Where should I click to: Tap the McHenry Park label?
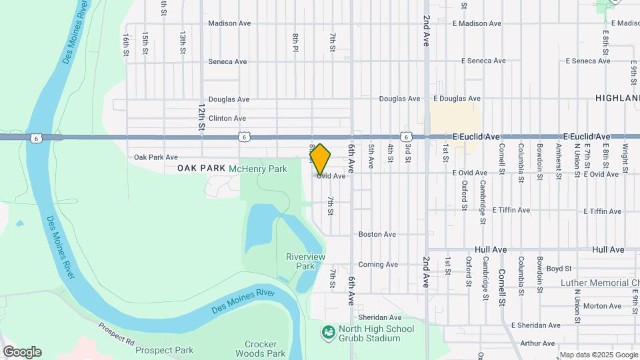pyautogui.click(x=257, y=169)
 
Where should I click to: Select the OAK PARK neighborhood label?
pyautogui.click(x=202, y=169)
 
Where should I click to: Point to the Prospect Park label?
pyautogui.click(x=164, y=349)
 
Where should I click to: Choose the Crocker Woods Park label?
pyautogui.click(x=256, y=349)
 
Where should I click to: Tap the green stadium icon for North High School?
pyautogui.click(x=327, y=332)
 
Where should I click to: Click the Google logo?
pyautogui.click(x=21, y=352)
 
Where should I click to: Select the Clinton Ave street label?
pyautogui.click(x=227, y=119)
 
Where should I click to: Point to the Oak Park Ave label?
pyautogui.click(x=155, y=157)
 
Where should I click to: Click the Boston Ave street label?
pyautogui.click(x=377, y=235)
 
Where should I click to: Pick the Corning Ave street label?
pyautogui.click(x=378, y=265)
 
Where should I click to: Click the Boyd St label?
pyautogui.click(x=559, y=269)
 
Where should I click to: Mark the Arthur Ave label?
pyautogui.click(x=538, y=343)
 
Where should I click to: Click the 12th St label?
pyautogui.click(x=201, y=116)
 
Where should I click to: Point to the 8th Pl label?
pyautogui.click(x=295, y=43)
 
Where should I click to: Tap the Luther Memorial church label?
pyautogui.click(x=599, y=283)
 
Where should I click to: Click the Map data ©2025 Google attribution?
pyautogui.click(x=598, y=355)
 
